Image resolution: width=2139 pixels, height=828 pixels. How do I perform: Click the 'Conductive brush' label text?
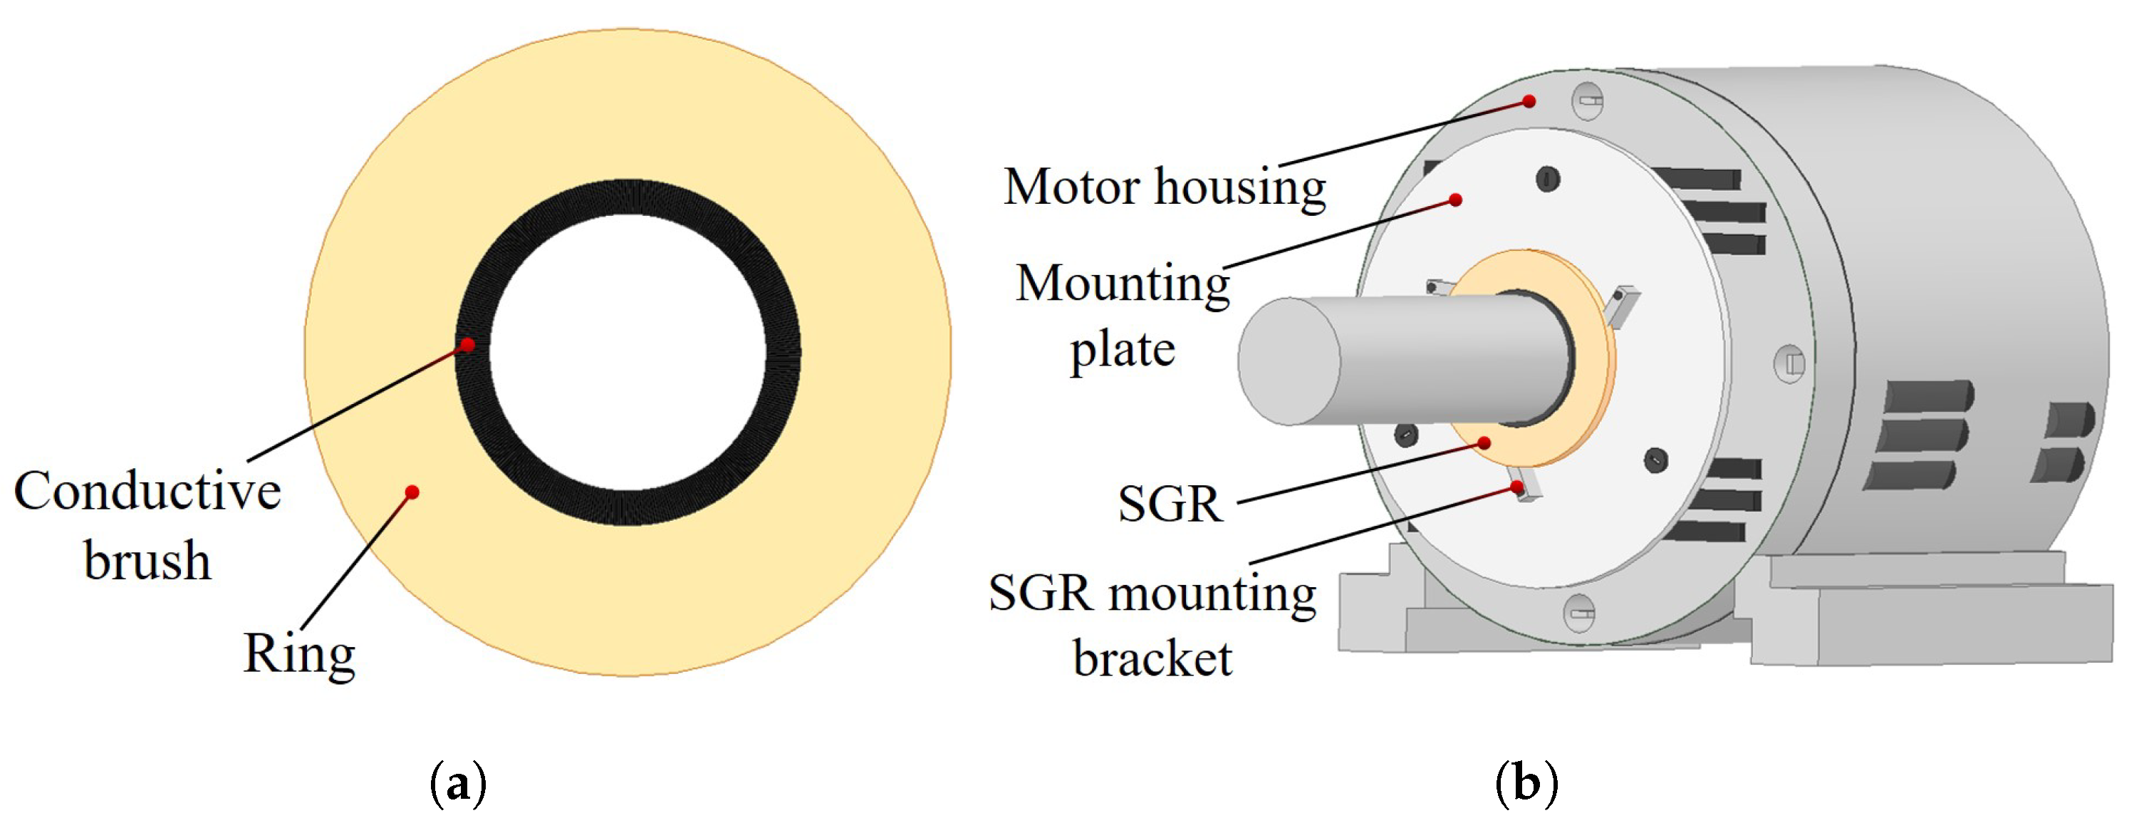click(148, 525)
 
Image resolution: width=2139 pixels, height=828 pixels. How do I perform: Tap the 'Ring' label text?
click(299, 654)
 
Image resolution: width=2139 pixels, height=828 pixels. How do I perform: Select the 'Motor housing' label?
click(1164, 187)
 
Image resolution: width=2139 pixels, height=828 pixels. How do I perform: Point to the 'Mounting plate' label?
click(1123, 316)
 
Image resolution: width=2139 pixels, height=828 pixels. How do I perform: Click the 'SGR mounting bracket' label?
click(1152, 624)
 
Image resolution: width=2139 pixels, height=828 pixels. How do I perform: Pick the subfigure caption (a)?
click(457, 782)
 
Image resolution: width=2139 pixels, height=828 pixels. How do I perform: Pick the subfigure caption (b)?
click(1526, 782)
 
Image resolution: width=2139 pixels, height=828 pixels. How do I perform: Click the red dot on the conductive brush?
click(467, 345)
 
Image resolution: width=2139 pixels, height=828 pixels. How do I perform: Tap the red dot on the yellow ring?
click(412, 492)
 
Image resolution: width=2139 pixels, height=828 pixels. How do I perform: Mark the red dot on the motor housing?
click(1529, 102)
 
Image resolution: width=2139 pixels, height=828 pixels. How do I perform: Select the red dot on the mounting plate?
click(1456, 200)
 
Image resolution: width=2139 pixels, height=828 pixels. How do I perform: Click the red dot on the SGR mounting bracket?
click(1517, 487)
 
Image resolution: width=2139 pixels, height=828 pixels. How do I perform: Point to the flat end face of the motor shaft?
click(1289, 362)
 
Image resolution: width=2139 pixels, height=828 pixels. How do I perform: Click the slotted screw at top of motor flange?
click(1588, 102)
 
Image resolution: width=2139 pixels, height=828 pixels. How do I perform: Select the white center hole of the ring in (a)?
click(628, 352)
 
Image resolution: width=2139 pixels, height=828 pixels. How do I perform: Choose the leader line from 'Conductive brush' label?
click(357, 403)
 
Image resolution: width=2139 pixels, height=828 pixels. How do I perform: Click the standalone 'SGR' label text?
click(1171, 503)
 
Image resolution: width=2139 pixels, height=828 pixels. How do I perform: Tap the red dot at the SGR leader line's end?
click(1484, 443)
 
